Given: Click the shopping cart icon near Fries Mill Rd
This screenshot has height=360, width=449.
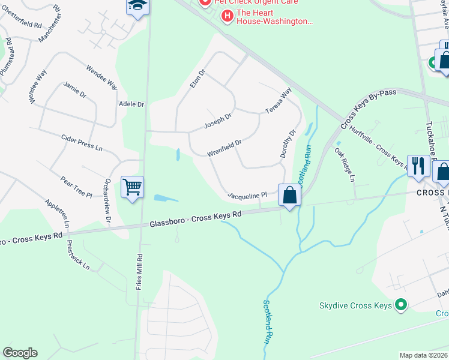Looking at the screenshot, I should pyautogui.click(x=132, y=187).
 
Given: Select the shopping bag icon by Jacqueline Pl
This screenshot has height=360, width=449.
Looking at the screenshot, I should pyautogui.click(x=289, y=195).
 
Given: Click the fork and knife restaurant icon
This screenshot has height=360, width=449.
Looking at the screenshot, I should pyautogui.click(x=418, y=166).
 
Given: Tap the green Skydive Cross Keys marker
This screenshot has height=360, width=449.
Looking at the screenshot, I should pyautogui.click(x=402, y=305).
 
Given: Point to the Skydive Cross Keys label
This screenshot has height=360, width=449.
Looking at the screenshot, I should pyautogui.click(x=355, y=305).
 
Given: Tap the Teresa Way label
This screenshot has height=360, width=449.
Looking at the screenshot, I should pyautogui.click(x=279, y=101).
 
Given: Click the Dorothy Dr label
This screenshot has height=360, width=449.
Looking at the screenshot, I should pyautogui.click(x=288, y=144).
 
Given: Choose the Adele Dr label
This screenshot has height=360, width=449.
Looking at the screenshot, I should pyautogui.click(x=132, y=104).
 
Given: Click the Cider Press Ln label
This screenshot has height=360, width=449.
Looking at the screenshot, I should pyautogui.click(x=82, y=142).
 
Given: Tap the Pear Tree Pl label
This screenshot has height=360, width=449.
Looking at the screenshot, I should pyautogui.click(x=76, y=187).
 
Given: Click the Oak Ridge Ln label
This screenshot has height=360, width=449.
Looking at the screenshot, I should pyautogui.click(x=345, y=165).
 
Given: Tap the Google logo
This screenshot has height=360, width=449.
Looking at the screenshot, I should pyautogui.click(x=20, y=353).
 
